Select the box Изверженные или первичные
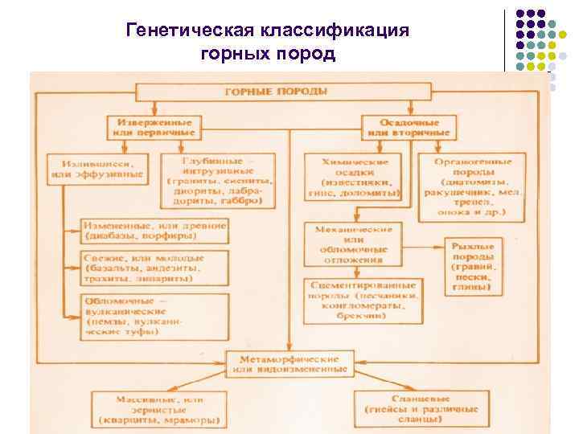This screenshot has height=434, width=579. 154,127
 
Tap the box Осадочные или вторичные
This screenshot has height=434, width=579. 409,127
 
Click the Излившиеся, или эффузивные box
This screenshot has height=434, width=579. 97,167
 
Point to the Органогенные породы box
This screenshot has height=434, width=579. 473,185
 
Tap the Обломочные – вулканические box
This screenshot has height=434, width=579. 154,310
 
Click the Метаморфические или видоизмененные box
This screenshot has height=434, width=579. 289,364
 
